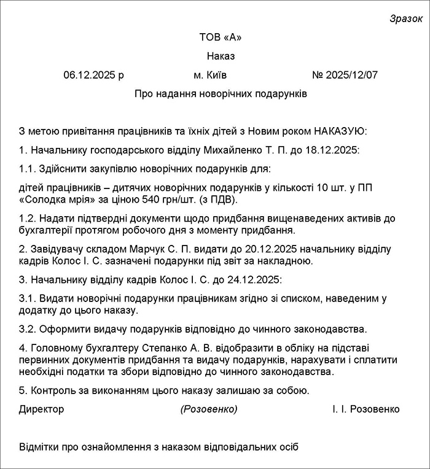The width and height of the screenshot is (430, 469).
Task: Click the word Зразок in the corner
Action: (406, 18)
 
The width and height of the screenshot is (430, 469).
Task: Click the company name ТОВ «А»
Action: (221, 37)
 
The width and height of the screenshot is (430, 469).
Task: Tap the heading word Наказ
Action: (221, 56)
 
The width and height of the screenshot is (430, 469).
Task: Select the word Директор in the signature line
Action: (41, 409)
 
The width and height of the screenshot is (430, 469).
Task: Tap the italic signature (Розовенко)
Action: (209, 409)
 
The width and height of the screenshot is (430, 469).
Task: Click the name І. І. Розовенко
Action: (365, 409)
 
